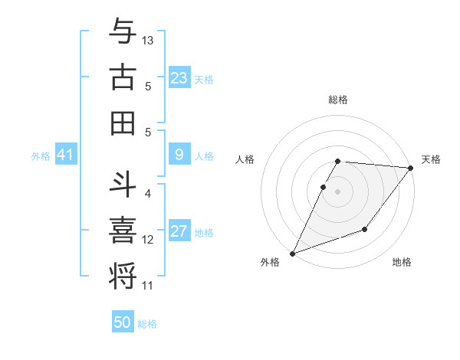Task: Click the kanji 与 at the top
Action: (123, 32)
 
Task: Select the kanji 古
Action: (123, 77)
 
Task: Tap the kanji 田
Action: (123, 123)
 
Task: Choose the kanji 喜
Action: (123, 229)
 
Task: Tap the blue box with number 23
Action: (179, 78)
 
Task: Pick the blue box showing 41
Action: (65, 155)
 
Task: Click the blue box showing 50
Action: (123, 322)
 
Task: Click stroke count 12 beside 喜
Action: (148, 240)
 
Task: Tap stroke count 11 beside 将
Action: (148, 286)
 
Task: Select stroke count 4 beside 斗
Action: (148, 194)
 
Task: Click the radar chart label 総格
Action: (337, 100)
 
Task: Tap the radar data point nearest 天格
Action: (411, 169)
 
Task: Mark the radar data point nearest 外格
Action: (292, 253)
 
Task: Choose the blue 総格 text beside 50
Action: (147, 324)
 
